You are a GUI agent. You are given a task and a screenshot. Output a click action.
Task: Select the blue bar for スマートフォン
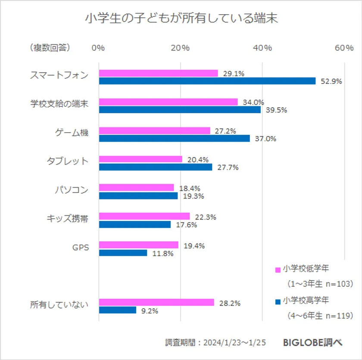coord(207,81)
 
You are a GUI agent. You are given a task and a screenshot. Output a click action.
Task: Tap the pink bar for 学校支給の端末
coord(168,102)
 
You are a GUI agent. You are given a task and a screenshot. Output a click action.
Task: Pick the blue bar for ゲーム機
coord(174,138)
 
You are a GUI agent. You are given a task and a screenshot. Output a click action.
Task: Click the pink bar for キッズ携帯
coord(144,216)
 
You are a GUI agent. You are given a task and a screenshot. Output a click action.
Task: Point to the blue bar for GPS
coord(123,253)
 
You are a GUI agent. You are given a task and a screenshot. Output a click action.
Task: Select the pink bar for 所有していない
coord(156,302)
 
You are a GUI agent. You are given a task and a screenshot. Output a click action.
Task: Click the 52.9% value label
coord(331,81)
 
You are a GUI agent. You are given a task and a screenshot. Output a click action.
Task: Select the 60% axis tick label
coord(344,48)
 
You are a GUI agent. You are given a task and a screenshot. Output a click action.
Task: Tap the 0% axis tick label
coord(99,48)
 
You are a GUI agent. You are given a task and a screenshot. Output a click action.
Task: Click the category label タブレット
coord(67,161)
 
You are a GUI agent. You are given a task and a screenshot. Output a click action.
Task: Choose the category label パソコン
coord(72,190)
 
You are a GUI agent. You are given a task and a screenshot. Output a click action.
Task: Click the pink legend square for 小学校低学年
coord(278,270)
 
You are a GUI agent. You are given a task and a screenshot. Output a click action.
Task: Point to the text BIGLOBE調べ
coord(312,343)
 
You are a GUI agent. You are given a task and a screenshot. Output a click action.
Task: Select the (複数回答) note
coord(50,48)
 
